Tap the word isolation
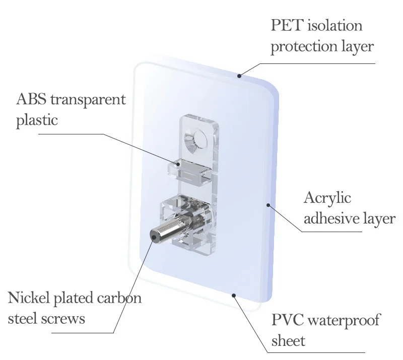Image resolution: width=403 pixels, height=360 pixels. [335, 26]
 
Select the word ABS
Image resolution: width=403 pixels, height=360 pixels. [32, 100]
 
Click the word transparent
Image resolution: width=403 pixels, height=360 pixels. [88, 100]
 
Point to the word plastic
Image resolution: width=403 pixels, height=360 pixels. [37, 120]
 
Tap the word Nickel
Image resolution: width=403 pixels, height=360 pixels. [29, 298]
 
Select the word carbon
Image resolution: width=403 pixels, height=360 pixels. [119, 298]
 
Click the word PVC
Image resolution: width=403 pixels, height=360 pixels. [288, 320]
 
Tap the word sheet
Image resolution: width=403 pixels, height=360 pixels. [288, 340]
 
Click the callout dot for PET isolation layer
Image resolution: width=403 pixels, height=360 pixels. [239, 76]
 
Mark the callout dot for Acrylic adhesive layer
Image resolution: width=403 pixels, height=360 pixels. [268, 205]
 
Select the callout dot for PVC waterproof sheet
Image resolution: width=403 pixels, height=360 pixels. [234, 295]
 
